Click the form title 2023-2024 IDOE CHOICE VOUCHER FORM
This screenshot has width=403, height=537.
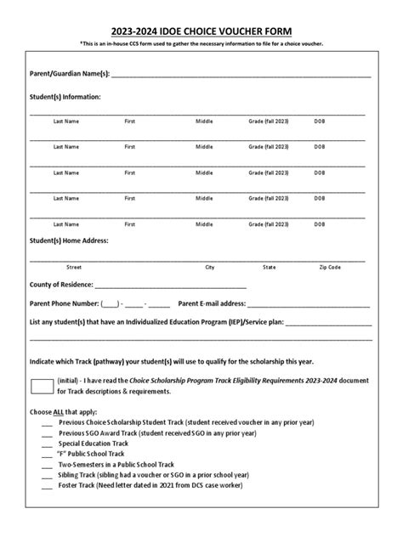pyautogui.click(x=201, y=31)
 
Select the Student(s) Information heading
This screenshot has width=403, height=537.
pyautogui.click(x=65, y=97)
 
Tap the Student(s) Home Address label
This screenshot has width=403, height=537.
pyautogui.click(x=69, y=240)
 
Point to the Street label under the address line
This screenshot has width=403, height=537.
pyautogui.click(x=74, y=267)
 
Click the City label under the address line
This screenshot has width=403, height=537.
pyautogui.click(x=210, y=267)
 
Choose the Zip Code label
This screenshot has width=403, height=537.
pyautogui.click(x=330, y=267)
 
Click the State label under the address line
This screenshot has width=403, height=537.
pyautogui.click(x=270, y=267)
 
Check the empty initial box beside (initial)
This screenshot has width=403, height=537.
pyautogui.click(x=41, y=386)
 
